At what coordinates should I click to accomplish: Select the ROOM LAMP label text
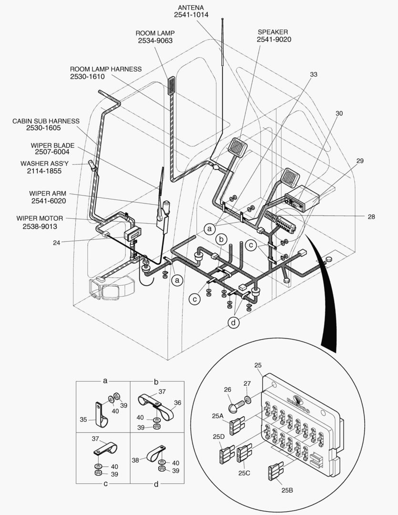click(155, 33)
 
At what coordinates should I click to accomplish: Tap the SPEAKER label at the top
click(274, 32)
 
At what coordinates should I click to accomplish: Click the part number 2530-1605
click(46, 128)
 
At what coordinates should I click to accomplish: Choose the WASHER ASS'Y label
click(44, 163)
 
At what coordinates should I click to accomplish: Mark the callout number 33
click(313, 74)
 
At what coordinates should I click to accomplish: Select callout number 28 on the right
click(371, 216)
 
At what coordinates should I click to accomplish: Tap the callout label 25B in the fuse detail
click(288, 490)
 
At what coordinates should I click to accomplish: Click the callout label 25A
click(218, 415)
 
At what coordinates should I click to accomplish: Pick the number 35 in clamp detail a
click(83, 420)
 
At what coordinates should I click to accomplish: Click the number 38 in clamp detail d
click(136, 460)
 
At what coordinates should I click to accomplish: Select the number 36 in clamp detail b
click(178, 402)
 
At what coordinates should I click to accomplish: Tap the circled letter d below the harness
click(234, 323)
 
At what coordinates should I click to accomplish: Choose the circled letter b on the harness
click(221, 238)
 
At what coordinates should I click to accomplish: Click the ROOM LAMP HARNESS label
click(106, 69)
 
